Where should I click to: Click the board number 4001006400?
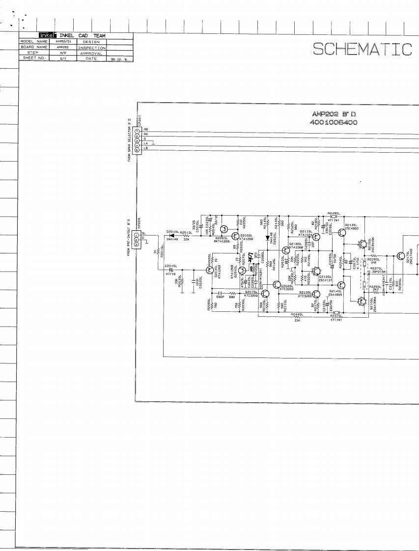click(335, 122)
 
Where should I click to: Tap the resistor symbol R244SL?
click(297, 317)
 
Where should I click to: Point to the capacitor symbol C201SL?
click(171, 270)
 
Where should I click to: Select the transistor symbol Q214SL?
click(342, 285)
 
